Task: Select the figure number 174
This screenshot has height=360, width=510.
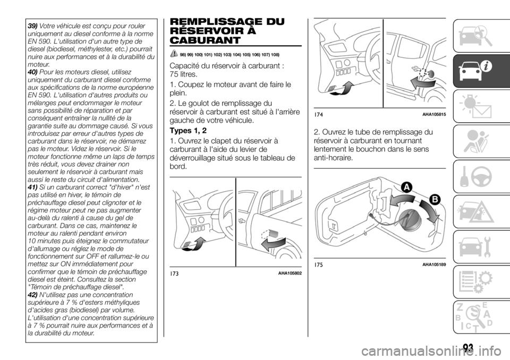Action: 319,115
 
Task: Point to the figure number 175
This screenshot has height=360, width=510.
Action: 319,264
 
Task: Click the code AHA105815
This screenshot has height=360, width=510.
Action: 434,115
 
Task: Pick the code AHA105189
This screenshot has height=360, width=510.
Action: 434,264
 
